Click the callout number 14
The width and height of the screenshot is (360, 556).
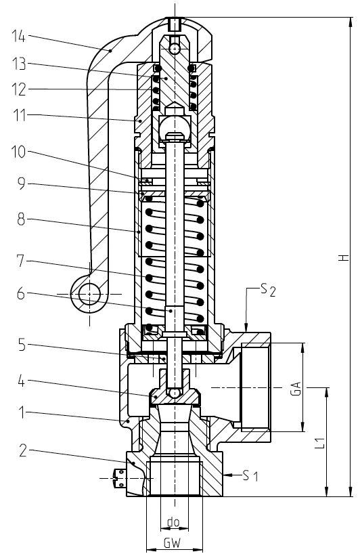[18, 36]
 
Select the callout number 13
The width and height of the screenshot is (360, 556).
[19, 64]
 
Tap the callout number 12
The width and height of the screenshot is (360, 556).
[19, 89]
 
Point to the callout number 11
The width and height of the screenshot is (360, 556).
[20, 115]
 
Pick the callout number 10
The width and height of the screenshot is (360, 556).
[19, 152]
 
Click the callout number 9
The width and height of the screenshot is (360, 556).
[22, 184]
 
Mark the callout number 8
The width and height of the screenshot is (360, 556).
[21, 219]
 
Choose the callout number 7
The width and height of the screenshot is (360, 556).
[21, 261]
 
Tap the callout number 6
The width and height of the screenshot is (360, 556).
[21, 294]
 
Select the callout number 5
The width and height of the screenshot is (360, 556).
[22, 344]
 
